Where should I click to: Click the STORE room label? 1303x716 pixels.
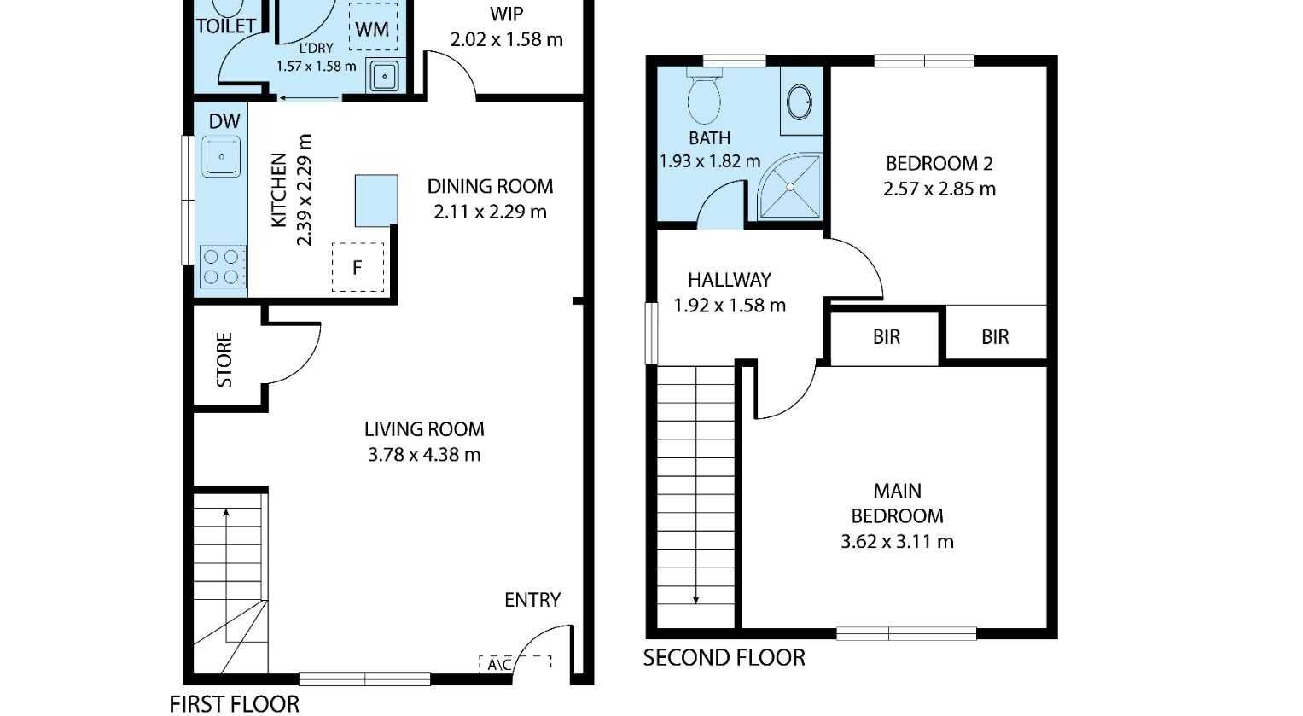[x=224, y=359]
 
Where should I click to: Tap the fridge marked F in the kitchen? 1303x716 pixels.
[x=358, y=267]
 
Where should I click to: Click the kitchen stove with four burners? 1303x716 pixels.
[x=223, y=266]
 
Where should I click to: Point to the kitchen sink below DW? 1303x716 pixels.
[x=221, y=156]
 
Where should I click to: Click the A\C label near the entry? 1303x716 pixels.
[x=499, y=664]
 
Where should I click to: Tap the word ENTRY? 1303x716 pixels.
[x=532, y=600]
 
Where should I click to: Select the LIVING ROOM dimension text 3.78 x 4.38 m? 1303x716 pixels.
[x=424, y=454]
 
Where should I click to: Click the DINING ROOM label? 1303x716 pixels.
[x=490, y=186]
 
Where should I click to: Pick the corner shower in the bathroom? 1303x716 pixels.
[x=790, y=187]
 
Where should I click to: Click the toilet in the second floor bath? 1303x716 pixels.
[x=704, y=96]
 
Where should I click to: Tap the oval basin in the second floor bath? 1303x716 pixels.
[x=800, y=102]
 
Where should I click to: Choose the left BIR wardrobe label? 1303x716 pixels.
[x=887, y=337]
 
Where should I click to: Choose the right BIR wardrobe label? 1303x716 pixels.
[x=995, y=337]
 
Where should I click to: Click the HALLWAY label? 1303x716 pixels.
[x=730, y=280]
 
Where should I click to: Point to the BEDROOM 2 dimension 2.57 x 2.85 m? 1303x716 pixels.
[x=939, y=189]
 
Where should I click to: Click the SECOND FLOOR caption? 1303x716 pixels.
[x=724, y=658]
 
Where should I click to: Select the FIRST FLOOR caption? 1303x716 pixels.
[x=235, y=704]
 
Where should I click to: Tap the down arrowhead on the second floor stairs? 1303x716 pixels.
[x=695, y=600]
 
